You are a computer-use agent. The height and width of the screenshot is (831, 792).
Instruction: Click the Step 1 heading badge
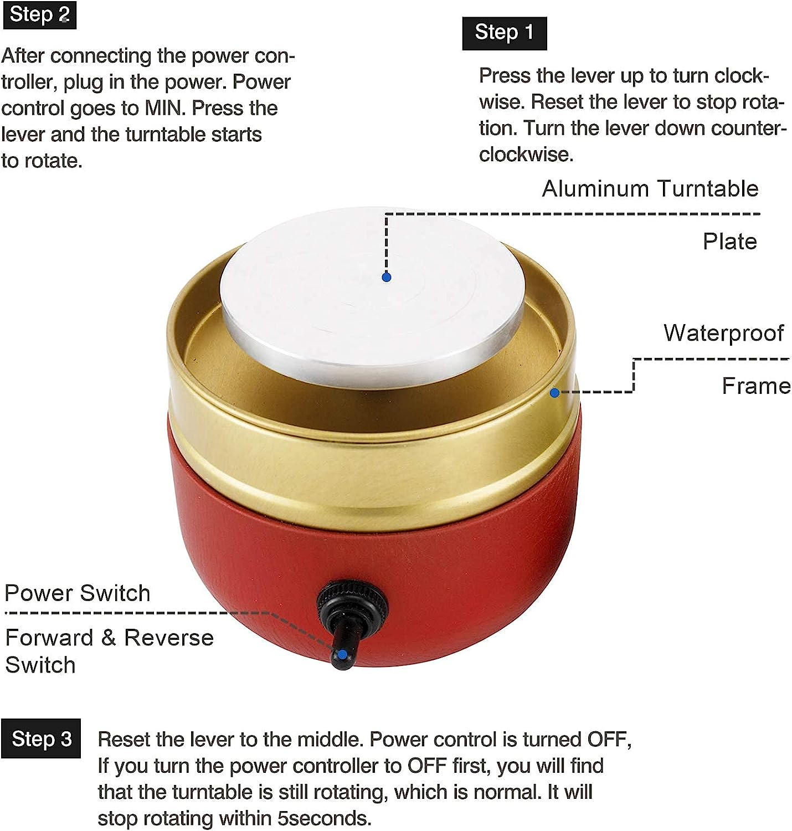[x=504, y=33]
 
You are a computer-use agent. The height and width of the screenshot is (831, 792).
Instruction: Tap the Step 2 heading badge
[x=40, y=15]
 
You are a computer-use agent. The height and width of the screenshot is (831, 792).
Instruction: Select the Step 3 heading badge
[x=41, y=739]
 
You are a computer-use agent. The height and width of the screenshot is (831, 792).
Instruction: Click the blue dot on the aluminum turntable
[x=386, y=278]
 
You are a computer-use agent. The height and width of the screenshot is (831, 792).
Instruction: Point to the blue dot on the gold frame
[x=554, y=393]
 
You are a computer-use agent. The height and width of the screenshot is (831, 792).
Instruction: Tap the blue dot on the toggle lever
[x=342, y=655]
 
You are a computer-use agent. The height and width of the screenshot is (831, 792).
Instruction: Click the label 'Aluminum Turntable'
[x=650, y=188]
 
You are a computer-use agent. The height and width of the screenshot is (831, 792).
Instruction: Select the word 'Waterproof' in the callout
[x=723, y=333]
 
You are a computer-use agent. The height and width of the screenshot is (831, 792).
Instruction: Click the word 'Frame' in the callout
[x=755, y=386]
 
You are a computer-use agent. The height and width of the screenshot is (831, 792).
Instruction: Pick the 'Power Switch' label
[x=78, y=593]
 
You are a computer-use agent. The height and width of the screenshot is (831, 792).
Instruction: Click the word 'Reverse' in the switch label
[x=168, y=638]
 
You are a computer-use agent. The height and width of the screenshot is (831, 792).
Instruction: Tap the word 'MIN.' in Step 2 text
[x=165, y=108]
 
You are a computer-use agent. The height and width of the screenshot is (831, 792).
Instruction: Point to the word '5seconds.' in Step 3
[x=324, y=818]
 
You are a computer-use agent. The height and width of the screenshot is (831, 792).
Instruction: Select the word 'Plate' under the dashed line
[x=730, y=242]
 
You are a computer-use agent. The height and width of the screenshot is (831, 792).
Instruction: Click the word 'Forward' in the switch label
[x=49, y=638]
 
